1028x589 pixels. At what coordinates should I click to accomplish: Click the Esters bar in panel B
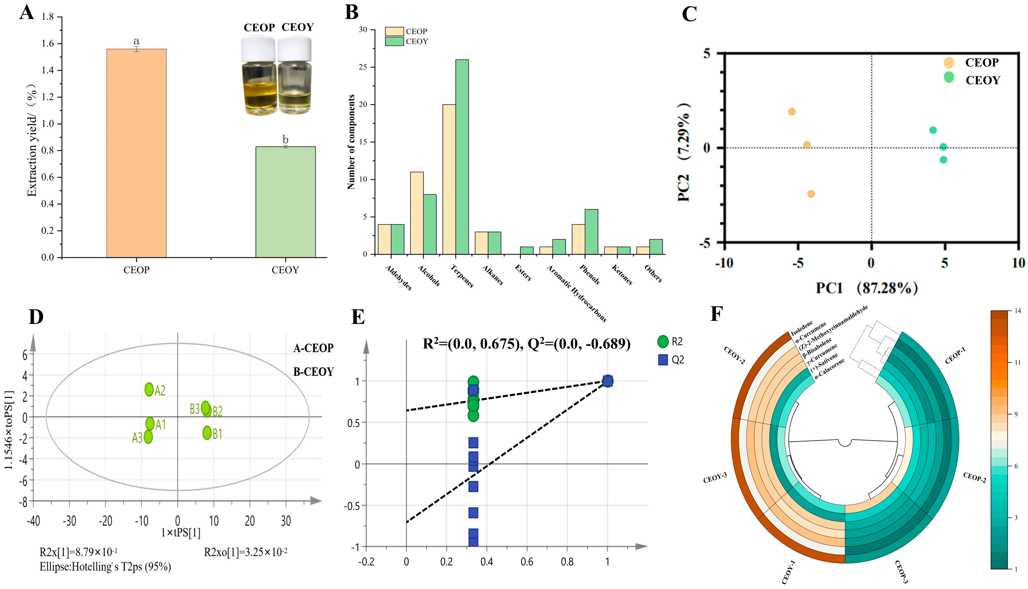point(526,250)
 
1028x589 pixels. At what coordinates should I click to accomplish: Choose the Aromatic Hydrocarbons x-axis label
point(576,293)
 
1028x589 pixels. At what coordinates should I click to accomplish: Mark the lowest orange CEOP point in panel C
point(811,194)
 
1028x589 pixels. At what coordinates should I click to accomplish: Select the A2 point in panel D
point(149,389)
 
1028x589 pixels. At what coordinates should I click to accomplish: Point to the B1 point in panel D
point(207,433)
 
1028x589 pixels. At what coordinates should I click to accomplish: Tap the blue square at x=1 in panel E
point(607,381)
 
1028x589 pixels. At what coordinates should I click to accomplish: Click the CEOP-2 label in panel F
point(974,477)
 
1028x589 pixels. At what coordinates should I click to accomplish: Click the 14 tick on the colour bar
point(1018,311)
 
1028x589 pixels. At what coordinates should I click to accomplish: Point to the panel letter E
point(358,317)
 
